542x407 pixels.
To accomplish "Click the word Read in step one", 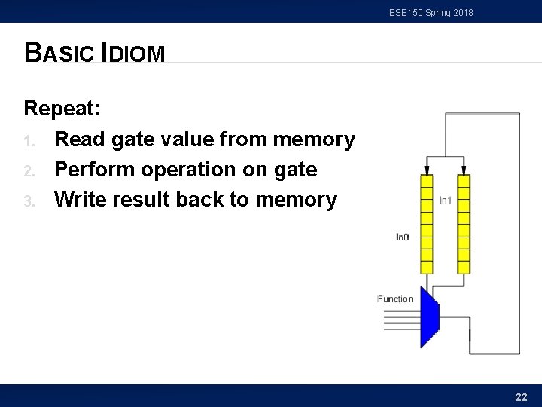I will tap(79, 139).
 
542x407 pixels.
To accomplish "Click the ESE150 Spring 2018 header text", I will tap(431, 12).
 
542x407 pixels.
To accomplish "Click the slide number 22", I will tap(520, 396).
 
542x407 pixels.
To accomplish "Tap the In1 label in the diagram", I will tap(445, 200).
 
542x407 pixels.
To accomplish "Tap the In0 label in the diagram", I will tap(403, 237).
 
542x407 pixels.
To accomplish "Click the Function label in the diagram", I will tap(395, 299).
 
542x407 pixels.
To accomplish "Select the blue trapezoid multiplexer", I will tap(429, 317).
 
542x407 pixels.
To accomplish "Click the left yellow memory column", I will tap(427, 223).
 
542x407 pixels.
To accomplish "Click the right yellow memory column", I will tap(464, 223).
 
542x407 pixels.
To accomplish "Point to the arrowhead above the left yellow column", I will tap(427, 170).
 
